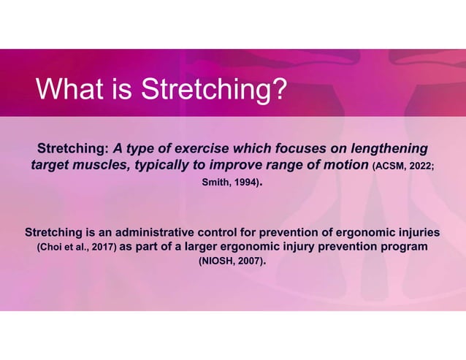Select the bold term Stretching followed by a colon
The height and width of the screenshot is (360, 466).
(x=73, y=147)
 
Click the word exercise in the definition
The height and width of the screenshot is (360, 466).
(x=203, y=147)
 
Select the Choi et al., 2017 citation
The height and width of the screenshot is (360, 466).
(x=75, y=248)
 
